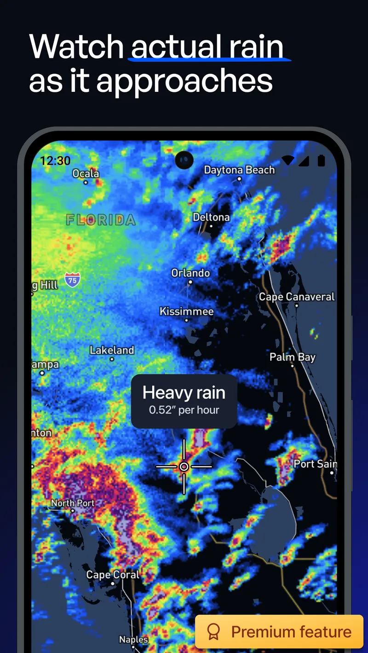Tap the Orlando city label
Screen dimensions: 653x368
point(190,273)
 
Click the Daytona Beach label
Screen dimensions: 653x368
point(239,170)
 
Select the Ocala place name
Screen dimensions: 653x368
point(86,174)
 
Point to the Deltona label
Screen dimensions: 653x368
point(211,217)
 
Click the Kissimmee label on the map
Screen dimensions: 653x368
point(186,311)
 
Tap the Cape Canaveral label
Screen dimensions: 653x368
point(297,297)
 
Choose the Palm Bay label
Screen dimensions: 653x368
point(293,357)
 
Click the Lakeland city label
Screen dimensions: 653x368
point(112,350)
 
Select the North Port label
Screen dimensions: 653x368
point(73,503)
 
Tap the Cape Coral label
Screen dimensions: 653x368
point(113,575)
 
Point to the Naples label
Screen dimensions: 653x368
point(133,639)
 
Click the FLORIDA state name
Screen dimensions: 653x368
point(101,220)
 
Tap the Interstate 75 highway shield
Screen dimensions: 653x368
point(72,280)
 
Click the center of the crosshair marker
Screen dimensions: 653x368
point(184,467)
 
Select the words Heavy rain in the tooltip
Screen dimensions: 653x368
point(184,393)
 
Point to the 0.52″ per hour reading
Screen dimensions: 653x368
point(184,410)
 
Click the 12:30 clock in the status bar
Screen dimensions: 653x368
point(55,161)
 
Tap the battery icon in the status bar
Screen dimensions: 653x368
point(321,160)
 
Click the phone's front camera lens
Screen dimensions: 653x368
point(184,160)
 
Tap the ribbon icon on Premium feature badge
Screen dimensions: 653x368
point(213,632)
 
